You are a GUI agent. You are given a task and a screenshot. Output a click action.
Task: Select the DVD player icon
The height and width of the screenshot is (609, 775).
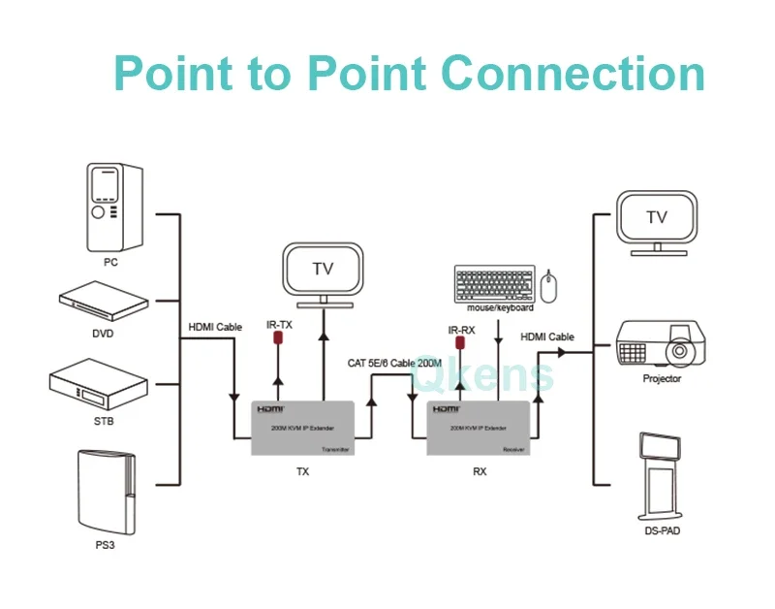(104, 304)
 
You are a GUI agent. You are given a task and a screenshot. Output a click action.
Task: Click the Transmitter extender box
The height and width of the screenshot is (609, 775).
(302, 428)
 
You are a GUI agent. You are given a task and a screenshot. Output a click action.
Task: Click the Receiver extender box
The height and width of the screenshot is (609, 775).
(478, 428)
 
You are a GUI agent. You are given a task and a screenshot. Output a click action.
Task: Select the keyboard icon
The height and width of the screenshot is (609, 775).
(493, 283)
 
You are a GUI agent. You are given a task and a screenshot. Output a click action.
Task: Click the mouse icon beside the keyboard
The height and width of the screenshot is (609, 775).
(551, 285)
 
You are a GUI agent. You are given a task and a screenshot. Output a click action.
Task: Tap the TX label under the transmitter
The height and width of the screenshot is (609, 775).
(302, 472)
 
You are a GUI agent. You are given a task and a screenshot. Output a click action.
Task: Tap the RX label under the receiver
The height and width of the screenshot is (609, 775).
(478, 472)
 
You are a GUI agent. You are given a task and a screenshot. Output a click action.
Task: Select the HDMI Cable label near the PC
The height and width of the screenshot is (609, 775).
(215, 327)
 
